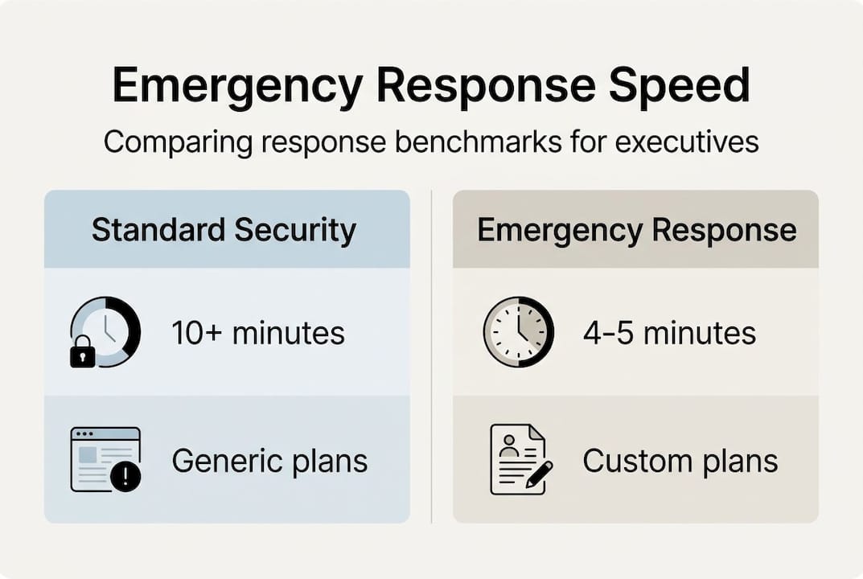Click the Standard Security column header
[x=224, y=230]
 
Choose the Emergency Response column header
[x=636, y=230]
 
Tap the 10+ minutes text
[x=258, y=332]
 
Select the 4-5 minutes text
[x=669, y=332]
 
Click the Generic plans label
[x=269, y=461]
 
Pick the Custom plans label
[x=680, y=461]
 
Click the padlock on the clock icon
[x=83, y=352]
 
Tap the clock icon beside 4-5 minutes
[x=518, y=331]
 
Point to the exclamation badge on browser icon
[x=125, y=477]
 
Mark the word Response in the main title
[x=491, y=86]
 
